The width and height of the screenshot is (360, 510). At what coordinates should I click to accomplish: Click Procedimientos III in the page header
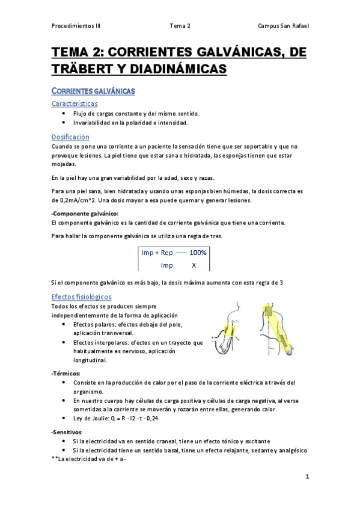(x=76, y=26)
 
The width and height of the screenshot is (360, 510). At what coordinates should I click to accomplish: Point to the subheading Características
(x=75, y=103)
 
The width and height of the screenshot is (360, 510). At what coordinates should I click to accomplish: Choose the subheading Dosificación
(x=70, y=137)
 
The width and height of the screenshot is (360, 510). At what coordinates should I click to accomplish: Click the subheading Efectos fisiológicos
(x=81, y=297)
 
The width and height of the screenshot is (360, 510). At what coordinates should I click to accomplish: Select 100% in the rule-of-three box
(x=198, y=253)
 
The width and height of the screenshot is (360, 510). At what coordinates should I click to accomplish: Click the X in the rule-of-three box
(x=193, y=265)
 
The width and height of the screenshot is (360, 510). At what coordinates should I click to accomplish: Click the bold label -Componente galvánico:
(x=85, y=214)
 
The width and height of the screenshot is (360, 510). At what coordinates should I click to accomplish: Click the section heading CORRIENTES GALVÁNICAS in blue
(x=93, y=91)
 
